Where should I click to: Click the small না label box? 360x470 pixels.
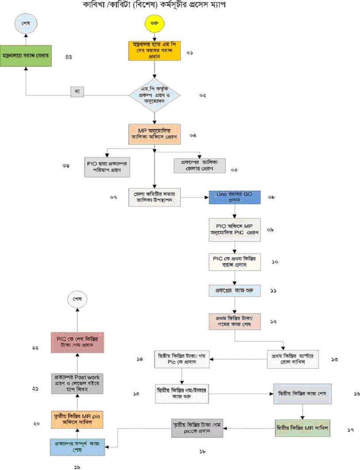77,91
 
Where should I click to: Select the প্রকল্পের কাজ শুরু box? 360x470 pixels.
234,291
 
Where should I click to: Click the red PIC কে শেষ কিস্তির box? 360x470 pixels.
77,341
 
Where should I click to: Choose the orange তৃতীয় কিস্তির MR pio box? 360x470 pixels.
77,419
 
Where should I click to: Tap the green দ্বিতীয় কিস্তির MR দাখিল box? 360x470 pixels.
302,428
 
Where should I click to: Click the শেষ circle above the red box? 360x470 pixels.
77,300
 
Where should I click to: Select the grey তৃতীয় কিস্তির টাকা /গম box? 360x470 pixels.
196,428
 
